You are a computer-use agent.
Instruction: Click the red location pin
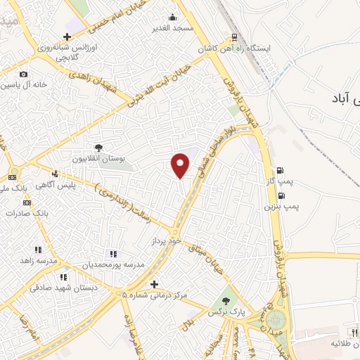point(181,165)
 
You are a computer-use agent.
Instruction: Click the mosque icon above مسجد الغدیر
point(173,18)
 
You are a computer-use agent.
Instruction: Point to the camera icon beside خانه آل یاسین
point(23,75)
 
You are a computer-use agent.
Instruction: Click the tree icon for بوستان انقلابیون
point(98,148)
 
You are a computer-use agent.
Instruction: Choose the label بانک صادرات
point(26,211)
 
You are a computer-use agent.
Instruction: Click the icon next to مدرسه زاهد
point(39,250)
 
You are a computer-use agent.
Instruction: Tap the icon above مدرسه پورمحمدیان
point(113,254)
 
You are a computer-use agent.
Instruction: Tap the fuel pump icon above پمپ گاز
point(281,170)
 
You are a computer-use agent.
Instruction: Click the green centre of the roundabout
point(274,323)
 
